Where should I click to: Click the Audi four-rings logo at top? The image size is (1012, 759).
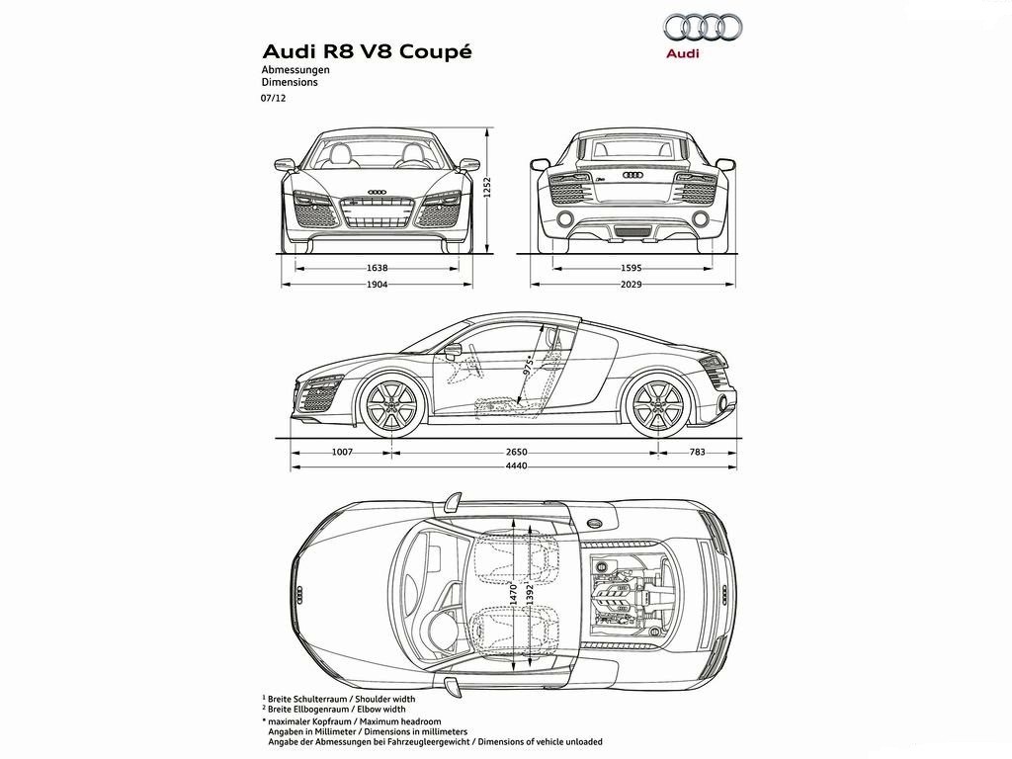tap(704, 28)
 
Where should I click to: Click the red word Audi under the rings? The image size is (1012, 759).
tap(683, 53)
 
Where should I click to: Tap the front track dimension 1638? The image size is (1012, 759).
tap(377, 268)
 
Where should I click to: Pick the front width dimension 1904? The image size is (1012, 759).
tap(377, 284)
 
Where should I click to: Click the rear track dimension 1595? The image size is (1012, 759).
tap(632, 268)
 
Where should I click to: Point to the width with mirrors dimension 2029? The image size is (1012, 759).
tap(632, 284)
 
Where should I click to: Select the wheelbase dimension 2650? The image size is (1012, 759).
tap(516, 452)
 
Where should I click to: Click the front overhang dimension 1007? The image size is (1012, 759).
tap(342, 452)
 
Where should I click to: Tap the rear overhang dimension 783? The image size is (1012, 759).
tap(697, 452)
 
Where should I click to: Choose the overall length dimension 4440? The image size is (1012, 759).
tap(516, 466)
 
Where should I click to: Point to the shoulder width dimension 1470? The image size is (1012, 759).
tap(514, 594)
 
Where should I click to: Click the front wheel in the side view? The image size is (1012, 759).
tap(391, 405)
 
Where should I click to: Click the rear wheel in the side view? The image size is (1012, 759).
tap(658, 405)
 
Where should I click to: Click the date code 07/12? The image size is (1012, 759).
tap(273, 99)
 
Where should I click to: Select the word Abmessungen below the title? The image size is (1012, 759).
tap(295, 70)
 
